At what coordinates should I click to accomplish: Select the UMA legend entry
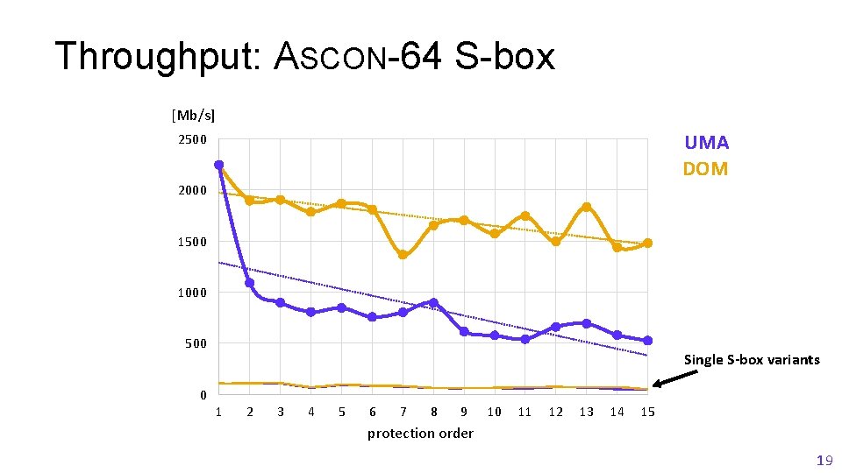tap(706, 143)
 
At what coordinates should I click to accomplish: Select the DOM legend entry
tap(705, 169)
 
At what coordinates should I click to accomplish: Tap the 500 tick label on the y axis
tap(196, 343)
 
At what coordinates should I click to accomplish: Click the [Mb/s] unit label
tap(193, 115)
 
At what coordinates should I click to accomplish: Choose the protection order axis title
tap(420, 434)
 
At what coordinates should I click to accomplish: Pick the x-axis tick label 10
tap(495, 412)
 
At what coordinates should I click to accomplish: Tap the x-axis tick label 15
tap(647, 412)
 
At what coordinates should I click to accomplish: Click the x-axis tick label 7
tap(403, 412)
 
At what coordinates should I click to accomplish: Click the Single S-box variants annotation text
tap(752, 359)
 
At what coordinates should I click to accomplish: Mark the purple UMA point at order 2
tap(250, 283)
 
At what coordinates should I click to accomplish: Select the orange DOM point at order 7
tap(403, 255)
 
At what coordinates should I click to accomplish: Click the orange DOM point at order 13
tap(586, 207)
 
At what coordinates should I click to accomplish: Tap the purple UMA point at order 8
tap(433, 303)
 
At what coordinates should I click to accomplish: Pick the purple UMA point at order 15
tap(647, 341)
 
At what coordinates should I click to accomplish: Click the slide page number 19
tap(824, 461)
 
